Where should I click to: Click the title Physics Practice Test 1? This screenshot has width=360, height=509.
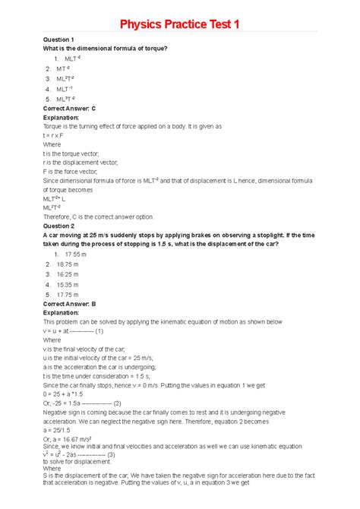point(180,24)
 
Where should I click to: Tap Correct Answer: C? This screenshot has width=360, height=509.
point(70,109)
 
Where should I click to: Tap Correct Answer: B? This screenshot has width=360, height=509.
point(70,302)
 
